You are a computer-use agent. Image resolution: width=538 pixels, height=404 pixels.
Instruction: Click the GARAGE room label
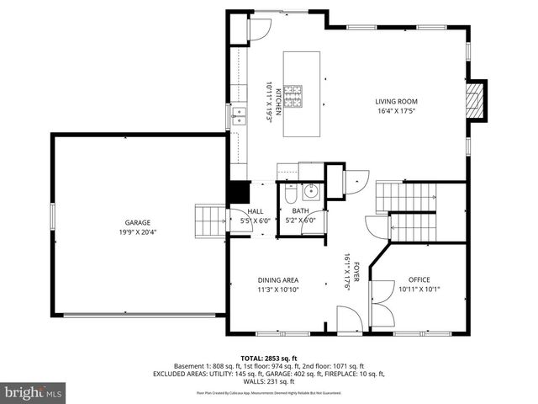pyautogui.click(x=138, y=222)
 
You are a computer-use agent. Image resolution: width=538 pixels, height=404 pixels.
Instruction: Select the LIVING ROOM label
pyautogui.click(x=396, y=102)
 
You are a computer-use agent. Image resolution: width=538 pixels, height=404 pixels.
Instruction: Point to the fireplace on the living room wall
pyautogui.click(x=477, y=101)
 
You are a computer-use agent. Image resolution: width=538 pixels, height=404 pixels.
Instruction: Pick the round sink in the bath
pyautogui.click(x=309, y=190)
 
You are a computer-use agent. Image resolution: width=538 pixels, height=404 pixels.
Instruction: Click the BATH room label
pyautogui.click(x=300, y=211)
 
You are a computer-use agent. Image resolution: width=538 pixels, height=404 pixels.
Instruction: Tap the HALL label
pyautogui.click(x=256, y=211)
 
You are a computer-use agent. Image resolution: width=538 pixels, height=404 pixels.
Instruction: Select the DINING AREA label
pyautogui.click(x=277, y=280)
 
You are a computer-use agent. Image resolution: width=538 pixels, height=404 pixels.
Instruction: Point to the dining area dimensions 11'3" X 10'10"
pyautogui.click(x=277, y=290)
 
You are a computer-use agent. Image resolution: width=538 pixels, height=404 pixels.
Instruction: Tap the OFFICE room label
pyautogui.click(x=419, y=279)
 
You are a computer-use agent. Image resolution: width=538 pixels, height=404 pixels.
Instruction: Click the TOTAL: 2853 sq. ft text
pyautogui.click(x=268, y=359)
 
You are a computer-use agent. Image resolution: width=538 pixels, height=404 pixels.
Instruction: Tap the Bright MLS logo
pyautogui.click(x=34, y=392)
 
